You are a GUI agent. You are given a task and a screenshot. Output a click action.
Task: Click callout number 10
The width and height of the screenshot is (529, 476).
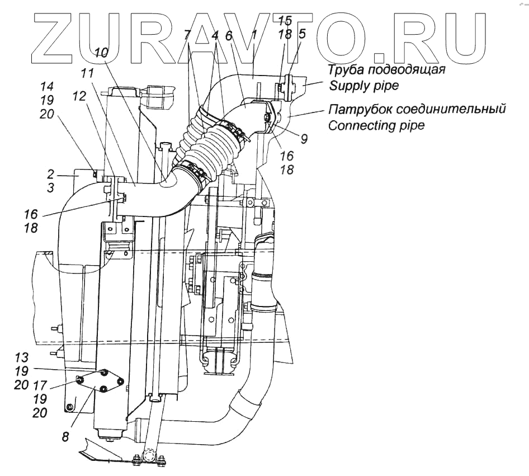(x=101, y=53)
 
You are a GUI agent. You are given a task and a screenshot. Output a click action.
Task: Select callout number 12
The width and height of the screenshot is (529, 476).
(x=79, y=96)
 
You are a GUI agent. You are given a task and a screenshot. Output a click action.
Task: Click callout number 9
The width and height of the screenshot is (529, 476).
(x=304, y=138)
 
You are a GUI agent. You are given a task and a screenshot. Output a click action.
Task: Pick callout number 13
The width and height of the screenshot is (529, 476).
(x=21, y=357)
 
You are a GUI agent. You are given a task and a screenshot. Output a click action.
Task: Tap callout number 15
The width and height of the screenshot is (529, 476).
(x=285, y=21)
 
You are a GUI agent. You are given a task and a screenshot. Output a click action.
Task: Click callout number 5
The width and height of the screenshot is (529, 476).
(x=302, y=34)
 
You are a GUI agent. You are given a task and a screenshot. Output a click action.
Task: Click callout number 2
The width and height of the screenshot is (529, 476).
(x=51, y=174)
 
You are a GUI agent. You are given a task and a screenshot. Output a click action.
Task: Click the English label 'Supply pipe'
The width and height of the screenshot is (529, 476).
(x=357, y=86)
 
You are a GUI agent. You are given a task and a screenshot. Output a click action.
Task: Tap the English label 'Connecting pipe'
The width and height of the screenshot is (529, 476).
(x=376, y=125)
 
